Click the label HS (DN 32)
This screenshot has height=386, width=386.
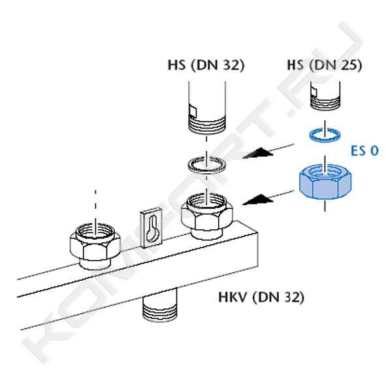point(206,65)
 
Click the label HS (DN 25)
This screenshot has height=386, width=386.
point(325,65)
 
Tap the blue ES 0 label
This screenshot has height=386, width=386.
point(364,150)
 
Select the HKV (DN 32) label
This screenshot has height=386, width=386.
point(261,297)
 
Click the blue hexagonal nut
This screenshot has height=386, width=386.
point(325,182)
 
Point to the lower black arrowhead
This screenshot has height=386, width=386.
point(258,199)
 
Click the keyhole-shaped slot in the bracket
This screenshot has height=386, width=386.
point(152,229)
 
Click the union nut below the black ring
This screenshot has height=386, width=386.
point(207,216)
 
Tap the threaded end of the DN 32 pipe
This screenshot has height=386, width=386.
point(207,125)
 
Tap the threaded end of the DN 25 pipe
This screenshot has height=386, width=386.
point(325,103)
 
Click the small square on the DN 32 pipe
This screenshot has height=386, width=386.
point(193,112)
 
